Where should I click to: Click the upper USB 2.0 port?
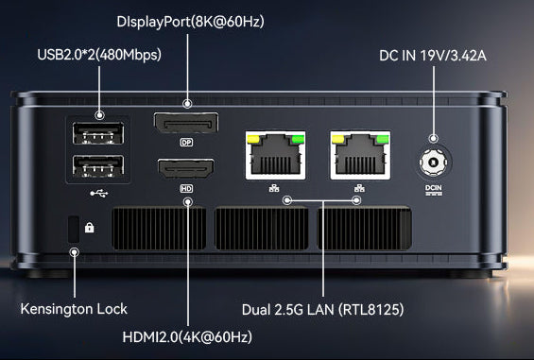[x=98, y=133]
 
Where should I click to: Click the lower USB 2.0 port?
[x=98, y=166]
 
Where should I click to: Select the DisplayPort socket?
[x=186, y=123]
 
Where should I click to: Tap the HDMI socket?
[x=186, y=168]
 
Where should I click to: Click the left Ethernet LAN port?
[x=275, y=155]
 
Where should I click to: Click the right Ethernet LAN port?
[x=360, y=155]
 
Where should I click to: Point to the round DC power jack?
[x=433, y=163]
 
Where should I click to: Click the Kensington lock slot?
[x=74, y=230]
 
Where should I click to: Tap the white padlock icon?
[x=89, y=227]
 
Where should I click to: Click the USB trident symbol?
[x=99, y=194]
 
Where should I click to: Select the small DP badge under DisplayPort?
[x=186, y=142]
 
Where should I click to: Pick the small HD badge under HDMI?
[x=186, y=188]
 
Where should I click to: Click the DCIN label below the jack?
[x=434, y=190]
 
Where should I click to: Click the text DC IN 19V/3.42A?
[x=433, y=56]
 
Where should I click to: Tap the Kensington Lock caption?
[x=74, y=309]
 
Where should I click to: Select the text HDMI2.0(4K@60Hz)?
[x=187, y=337]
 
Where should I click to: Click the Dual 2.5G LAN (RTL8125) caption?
[x=323, y=310]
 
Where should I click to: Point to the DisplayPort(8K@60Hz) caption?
[x=190, y=22]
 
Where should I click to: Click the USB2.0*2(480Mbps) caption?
[x=99, y=55]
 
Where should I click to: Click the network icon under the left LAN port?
[x=274, y=188]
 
